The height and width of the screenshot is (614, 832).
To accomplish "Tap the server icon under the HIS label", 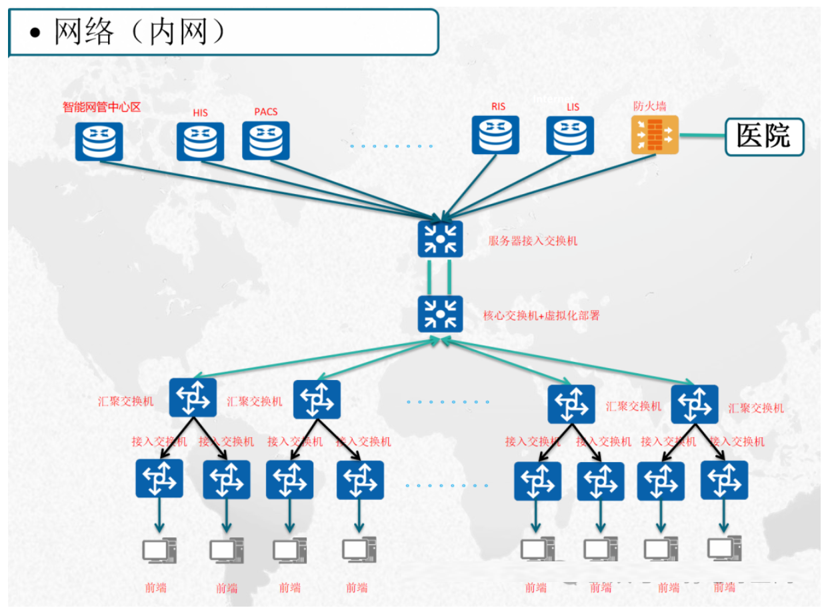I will point(200,141).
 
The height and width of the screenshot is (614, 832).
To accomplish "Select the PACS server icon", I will point(266,141).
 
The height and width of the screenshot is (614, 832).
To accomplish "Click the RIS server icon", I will point(495,135).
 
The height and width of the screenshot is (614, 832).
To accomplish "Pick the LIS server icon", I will point(570,135).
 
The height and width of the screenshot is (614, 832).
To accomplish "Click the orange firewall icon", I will point(654,135).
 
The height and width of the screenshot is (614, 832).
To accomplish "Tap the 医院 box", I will point(764,136).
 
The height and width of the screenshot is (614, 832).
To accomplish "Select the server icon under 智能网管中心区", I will point(99,141).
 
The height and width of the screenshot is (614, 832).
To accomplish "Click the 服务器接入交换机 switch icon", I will point(440,239).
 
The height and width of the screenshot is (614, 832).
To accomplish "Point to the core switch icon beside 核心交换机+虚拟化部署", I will point(440,313).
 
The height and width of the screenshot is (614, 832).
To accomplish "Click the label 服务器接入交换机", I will point(533,241).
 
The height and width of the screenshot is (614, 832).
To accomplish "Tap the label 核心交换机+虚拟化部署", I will point(541,315).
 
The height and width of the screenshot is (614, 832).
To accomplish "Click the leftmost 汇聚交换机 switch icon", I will point(193,397).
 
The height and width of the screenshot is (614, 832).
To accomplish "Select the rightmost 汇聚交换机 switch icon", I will point(694,404).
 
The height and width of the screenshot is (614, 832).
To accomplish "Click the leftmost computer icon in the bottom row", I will point(159,551).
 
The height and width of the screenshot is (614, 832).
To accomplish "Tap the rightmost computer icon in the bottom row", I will point(723,549).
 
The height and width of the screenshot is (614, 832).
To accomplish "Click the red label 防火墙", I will point(649,106).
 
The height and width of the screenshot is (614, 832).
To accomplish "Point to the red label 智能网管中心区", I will point(102,107).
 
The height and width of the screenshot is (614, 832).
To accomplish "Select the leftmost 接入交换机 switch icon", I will point(159,479).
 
